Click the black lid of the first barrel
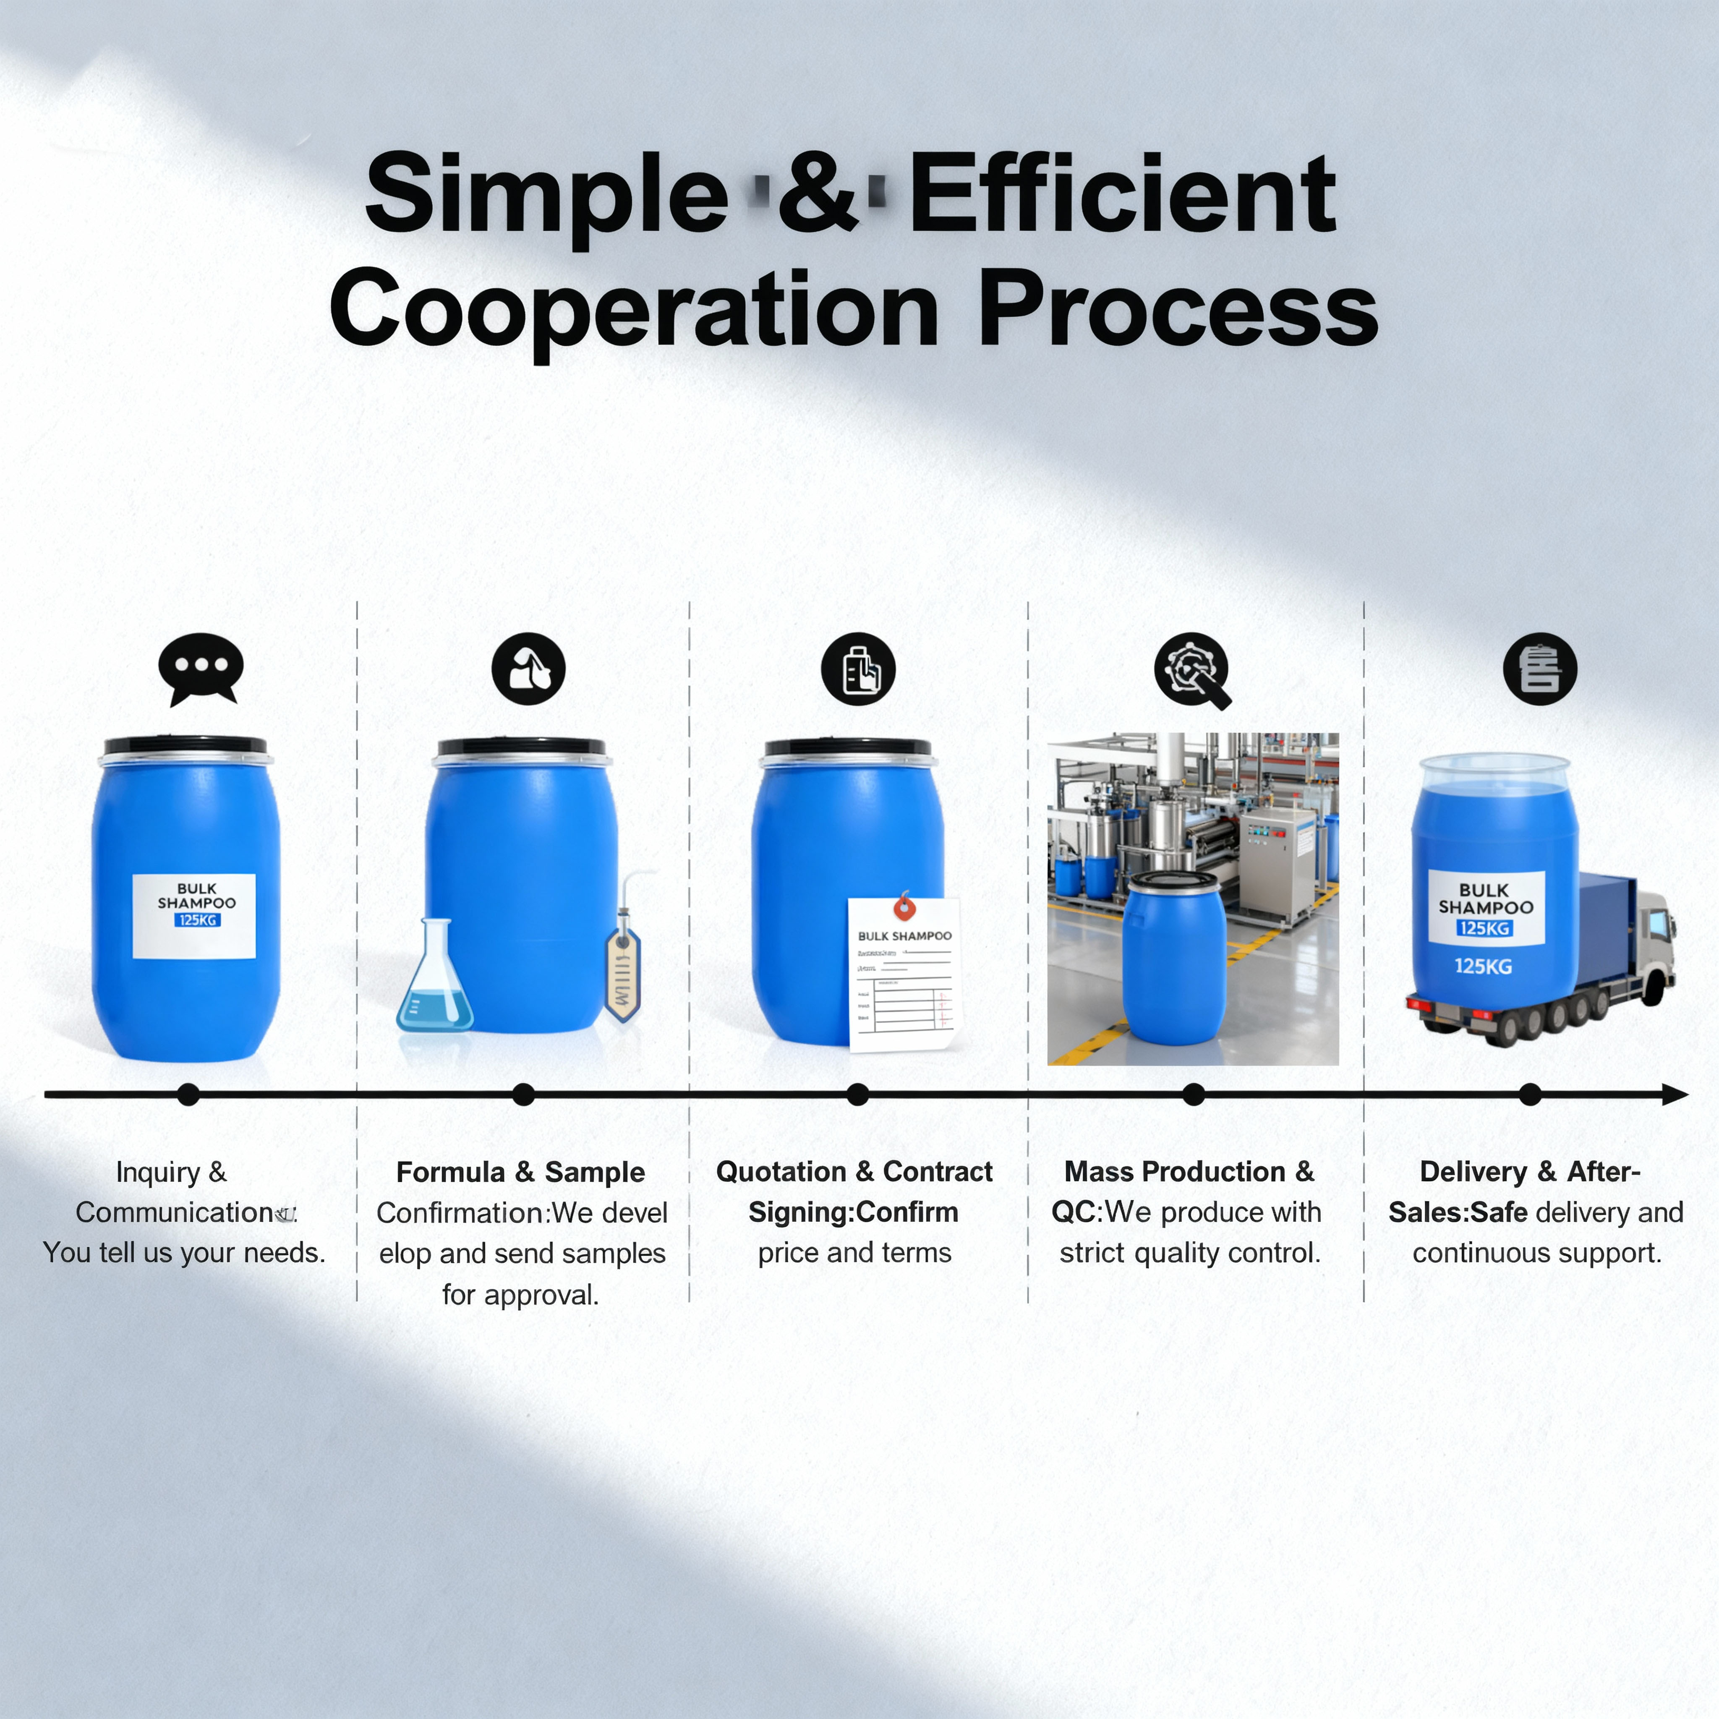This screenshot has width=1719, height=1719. click(185, 746)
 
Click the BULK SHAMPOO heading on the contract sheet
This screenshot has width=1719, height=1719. click(904, 936)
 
